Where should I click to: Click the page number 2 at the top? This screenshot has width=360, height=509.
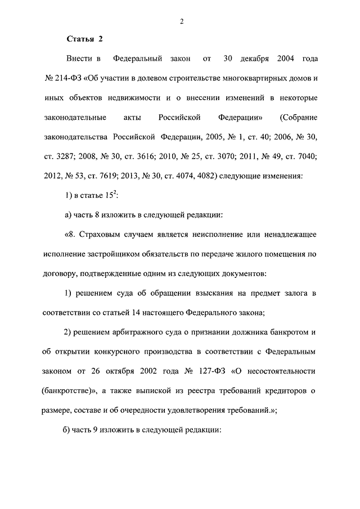(182, 21)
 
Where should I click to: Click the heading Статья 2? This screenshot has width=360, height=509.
(85, 39)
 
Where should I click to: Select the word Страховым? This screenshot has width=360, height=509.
(101, 235)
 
